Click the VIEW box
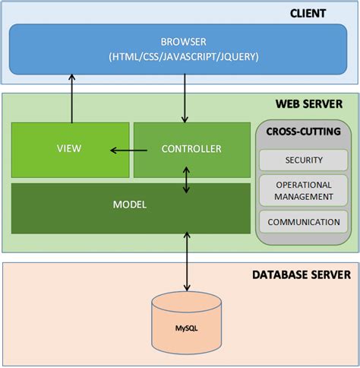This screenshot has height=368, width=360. (x=70, y=149)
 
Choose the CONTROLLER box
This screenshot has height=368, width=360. (x=191, y=149)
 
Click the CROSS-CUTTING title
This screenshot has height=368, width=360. (x=303, y=132)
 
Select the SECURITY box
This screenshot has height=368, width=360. (x=302, y=160)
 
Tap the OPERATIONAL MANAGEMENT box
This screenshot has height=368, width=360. (x=302, y=190)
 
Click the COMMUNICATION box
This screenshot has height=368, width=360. (x=302, y=222)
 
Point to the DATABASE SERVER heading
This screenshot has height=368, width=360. (x=302, y=274)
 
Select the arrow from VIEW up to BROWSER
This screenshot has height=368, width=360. (x=73, y=98)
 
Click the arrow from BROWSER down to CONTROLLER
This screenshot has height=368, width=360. (x=185, y=98)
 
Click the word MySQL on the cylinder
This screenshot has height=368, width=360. (x=187, y=328)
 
